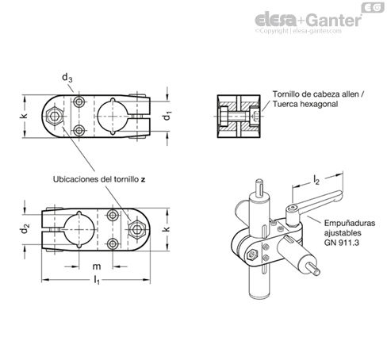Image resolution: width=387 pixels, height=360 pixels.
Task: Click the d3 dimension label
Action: click(67, 78)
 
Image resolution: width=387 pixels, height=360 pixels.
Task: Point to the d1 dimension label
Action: click(167, 116)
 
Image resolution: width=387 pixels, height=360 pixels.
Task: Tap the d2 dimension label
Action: click(25, 229)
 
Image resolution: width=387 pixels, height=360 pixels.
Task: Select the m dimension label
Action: click(97, 266)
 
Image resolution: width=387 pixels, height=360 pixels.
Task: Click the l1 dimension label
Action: click(97, 280)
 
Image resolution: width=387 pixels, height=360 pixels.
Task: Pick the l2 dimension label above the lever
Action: click(316, 180)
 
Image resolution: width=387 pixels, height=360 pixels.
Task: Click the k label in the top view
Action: click(24, 116)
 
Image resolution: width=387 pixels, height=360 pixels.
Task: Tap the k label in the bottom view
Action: click(166, 229)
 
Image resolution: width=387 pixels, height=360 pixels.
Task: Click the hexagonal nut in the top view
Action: click(54, 116)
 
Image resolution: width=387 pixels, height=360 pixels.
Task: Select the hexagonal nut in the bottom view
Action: click(137, 229)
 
